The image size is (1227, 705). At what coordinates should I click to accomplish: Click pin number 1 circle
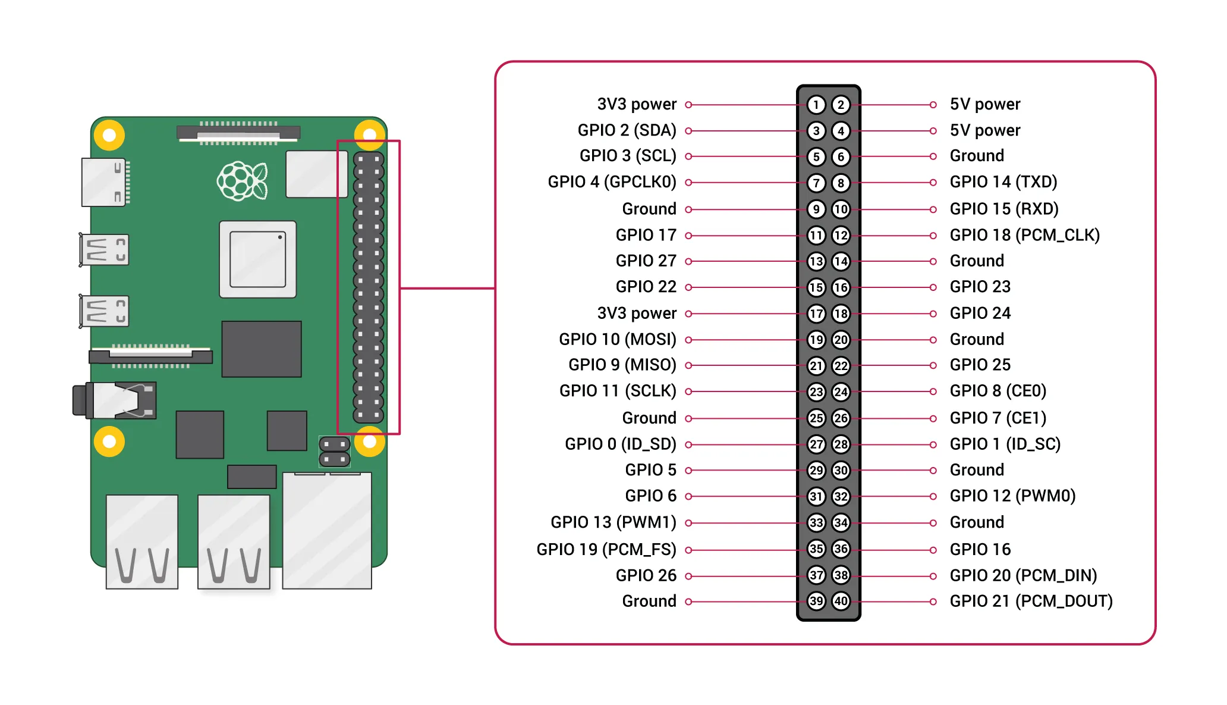click(x=816, y=105)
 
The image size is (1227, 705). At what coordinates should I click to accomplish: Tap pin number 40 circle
click(x=841, y=601)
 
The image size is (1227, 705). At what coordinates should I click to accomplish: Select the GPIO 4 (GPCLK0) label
click(x=612, y=182)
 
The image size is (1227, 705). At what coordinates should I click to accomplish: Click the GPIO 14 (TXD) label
click(x=1003, y=182)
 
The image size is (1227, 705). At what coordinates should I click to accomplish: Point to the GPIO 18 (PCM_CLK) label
click(x=1024, y=235)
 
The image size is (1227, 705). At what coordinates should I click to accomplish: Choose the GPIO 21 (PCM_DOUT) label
click(x=1031, y=601)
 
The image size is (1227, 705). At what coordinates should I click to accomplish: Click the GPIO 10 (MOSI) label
click(x=617, y=339)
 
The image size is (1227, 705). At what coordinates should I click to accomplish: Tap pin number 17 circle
click(x=816, y=314)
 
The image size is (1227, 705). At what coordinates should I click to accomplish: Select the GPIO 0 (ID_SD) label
click(x=620, y=444)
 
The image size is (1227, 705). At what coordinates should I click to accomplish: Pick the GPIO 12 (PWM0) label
click(x=1012, y=496)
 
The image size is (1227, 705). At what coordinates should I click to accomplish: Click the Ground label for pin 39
click(x=649, y=601)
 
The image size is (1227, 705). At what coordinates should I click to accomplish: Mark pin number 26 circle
click(x=841, y=418)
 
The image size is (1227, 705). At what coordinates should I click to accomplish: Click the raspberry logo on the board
click(x=242, y=181)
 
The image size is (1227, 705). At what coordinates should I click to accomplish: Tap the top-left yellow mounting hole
click(x=109, y=136)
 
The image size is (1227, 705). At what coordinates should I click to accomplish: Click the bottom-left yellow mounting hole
click(x=109, y=441)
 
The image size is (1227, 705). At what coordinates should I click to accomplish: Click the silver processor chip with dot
click(x=257, y=259)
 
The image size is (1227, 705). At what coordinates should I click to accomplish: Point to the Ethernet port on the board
click(x=327, y=529)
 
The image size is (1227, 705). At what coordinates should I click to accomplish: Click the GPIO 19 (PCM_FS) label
click(x=606, y=549)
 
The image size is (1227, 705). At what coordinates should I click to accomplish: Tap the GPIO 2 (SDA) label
click(x=627, y=130)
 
